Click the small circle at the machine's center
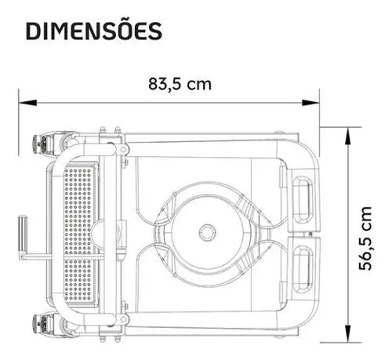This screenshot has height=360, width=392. (208, 231)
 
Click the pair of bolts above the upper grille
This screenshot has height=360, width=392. (110, 130)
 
